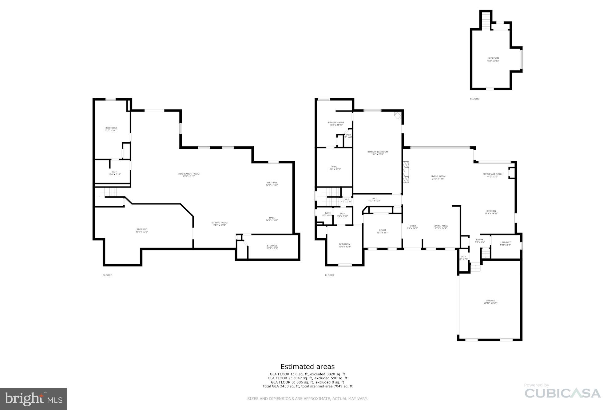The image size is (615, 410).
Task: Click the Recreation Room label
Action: coord(189,175)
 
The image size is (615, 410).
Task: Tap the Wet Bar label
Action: coord(272,184)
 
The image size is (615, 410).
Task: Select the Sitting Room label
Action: coord(219,224)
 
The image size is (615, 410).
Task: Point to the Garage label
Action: coord(490,302)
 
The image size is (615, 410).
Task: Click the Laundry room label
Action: coord(505,243)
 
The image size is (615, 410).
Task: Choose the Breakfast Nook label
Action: coord(492,175)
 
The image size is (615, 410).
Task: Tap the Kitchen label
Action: coord(491,212)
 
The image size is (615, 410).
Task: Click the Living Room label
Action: coord(438,177)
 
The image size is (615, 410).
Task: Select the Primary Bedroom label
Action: coord(377,153)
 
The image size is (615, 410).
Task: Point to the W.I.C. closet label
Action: coord(334,168)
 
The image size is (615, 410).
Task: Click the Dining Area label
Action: coord(440,227)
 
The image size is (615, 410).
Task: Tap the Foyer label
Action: coord(412,227)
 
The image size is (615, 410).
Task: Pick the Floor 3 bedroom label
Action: coord(493,59)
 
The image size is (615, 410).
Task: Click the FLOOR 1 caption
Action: coord(107,275)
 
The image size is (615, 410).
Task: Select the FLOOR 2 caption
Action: coord(329,275)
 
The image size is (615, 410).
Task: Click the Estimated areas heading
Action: coord(307,366)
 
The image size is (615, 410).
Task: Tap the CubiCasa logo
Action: coord(562,393)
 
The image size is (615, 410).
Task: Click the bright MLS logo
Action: coord(33,399)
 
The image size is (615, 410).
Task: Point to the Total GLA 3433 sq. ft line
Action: coord(307,386)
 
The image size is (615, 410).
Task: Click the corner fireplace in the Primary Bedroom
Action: coord(398,116)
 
